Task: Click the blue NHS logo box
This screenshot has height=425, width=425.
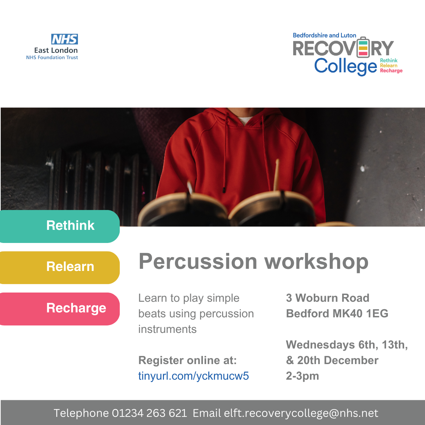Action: tap(64, 39)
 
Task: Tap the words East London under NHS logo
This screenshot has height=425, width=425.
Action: tap(56, 50)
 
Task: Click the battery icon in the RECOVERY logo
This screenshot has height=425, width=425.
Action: tap(363, 47)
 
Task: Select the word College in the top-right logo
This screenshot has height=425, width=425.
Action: tap(345, 66)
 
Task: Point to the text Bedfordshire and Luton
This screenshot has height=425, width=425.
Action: tap(324, 35)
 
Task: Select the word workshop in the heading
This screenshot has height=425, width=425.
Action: tap(317, 261)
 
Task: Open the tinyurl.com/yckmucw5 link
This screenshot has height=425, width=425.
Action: tap(193, 376)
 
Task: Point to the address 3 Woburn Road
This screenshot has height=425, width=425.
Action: tap(328, 298)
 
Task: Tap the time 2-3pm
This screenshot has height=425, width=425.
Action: tap(302, 376)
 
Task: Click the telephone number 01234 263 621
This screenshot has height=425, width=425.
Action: tap(149, 413)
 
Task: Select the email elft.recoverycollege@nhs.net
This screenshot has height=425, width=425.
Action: tap(301, 413)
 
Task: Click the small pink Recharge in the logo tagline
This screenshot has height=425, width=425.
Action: tap(391, 71)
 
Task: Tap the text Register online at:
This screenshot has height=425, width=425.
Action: tap(187, 360)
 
